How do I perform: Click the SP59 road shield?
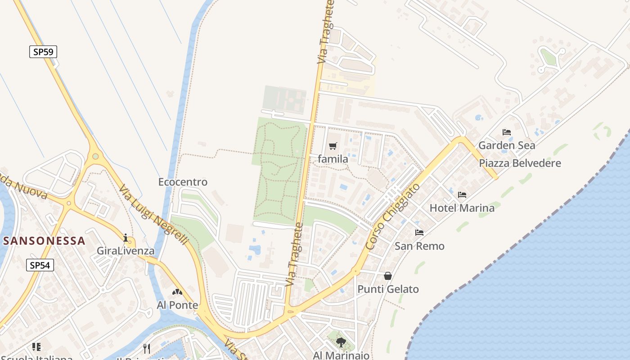click(x=43, y=52)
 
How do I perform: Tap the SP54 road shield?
click(x=40, y=265)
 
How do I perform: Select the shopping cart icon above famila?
click(x=333, y=146)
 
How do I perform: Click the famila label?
click(x=333, y=159)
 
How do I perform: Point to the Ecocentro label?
click(x=183, y=182)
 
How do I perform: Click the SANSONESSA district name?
click(x=44, y=240)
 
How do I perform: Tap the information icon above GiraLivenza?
click(x=126, y=238)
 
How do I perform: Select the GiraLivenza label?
click(x=126, y=251)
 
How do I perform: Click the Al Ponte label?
click(x=177, y=305)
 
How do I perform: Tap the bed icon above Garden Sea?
click(x=507, y=132)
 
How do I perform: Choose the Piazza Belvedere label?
click(x=520, y=163)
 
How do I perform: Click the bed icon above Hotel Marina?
click(x=462, y=195)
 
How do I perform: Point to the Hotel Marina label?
click(x=462, y=208)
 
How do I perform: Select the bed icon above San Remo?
click(x=419, y=233)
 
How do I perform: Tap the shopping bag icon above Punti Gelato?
click(x=388, y=276)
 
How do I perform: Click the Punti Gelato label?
click(x=388, y=289)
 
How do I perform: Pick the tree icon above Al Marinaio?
click(x=341, y=342)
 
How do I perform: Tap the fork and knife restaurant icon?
click(x=146, y=348)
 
